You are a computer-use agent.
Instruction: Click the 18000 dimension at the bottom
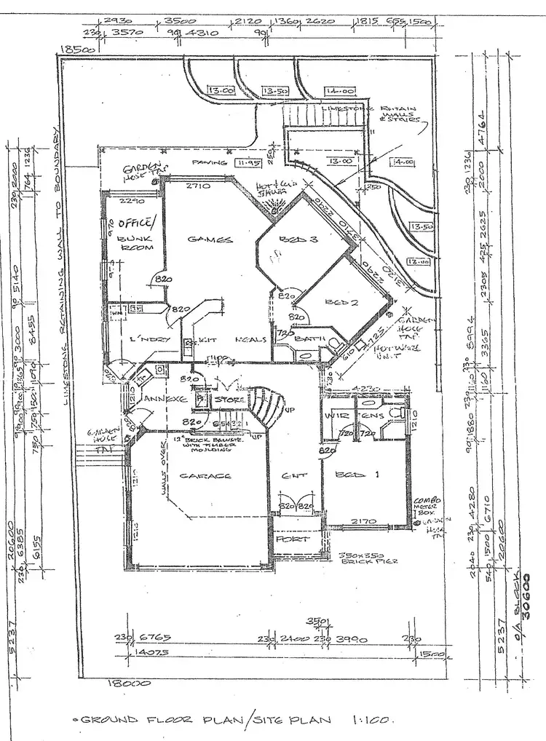click(128, 683)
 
